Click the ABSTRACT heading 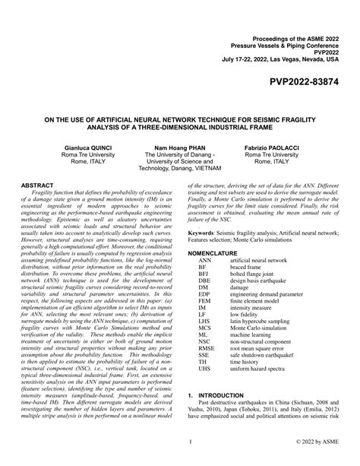(x=36, y=185)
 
